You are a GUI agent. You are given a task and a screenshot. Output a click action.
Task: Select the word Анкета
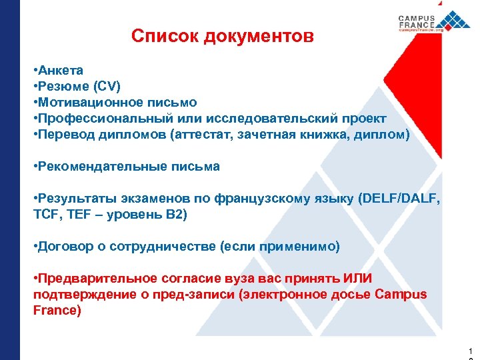point(61,70)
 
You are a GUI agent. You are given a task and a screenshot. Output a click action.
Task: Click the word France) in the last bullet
point(57,311)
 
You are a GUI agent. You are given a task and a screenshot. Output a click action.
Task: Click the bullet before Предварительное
point(35,279)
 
